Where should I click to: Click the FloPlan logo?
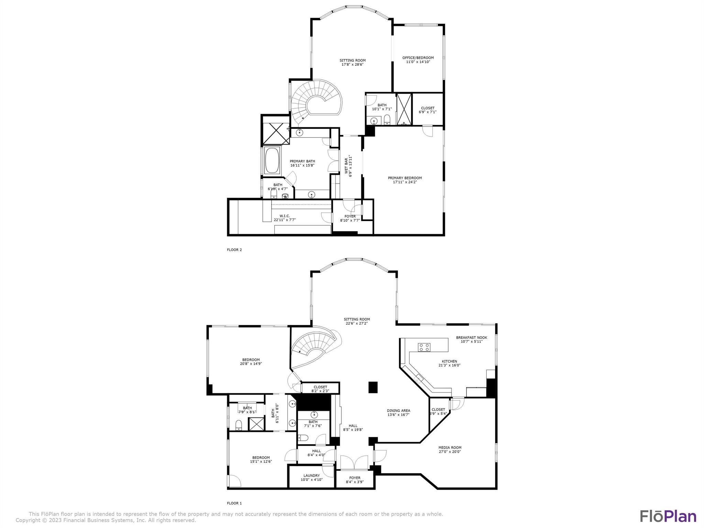coord(668,516)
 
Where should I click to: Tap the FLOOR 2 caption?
coord(234,250)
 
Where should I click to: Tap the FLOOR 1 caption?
coord(234,503)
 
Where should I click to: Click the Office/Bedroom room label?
coord(418,58)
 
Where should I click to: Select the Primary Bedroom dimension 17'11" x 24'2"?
coord(405,182)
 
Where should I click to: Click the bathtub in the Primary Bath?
coord(272,161)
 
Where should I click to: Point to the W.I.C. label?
coord(284,216)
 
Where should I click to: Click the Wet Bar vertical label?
coord(346,166)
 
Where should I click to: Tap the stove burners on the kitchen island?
coord(424,347)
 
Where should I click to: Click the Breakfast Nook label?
coord(471,338)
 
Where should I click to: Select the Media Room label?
coord(450,448)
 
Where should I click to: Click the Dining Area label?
coord(398,410)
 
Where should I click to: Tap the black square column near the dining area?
coord(373,387)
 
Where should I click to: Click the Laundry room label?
coord(311,476)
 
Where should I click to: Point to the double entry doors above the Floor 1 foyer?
coord(354,462)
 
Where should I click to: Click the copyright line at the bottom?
coord(106,520)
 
